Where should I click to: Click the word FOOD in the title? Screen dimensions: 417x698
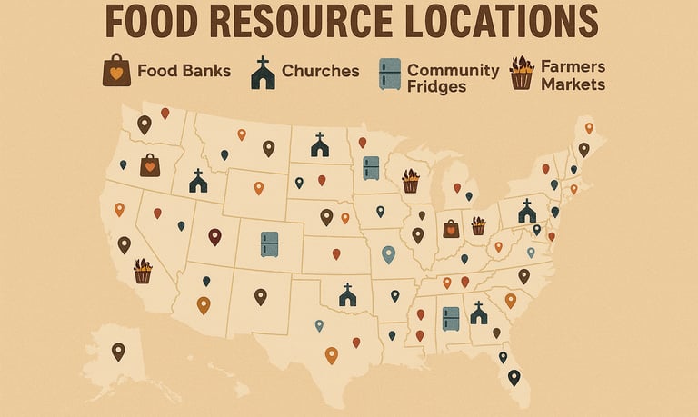(x=154, y=22)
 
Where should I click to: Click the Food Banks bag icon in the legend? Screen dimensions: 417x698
(x=116, y=71)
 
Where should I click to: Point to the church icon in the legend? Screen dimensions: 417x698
(x=263, y=73)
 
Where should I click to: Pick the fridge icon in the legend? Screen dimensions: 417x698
(x=389, y=74)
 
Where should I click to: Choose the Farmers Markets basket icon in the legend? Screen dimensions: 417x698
(x=521, y=73)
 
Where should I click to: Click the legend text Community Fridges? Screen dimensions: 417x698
(x=453, y=77)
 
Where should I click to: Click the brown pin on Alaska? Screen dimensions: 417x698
(x=118, y=351)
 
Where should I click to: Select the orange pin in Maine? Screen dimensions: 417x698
(x=589, y=128)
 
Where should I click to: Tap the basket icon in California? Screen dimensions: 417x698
(x=143, y=271)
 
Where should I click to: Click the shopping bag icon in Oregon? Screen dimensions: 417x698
(x=150, y=165)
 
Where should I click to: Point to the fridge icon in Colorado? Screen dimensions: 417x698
(x=270, y=243)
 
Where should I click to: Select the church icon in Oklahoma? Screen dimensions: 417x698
(x=346, y=294)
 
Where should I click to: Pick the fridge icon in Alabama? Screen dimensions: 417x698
(x=451, y=318)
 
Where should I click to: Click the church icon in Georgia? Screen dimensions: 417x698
(x=478, y=313)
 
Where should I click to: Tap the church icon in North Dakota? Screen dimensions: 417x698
(x=319, y=144)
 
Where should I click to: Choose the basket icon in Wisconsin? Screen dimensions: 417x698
(x=411, y=181)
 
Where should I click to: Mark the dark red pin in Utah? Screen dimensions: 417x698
(x=214, y=236)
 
